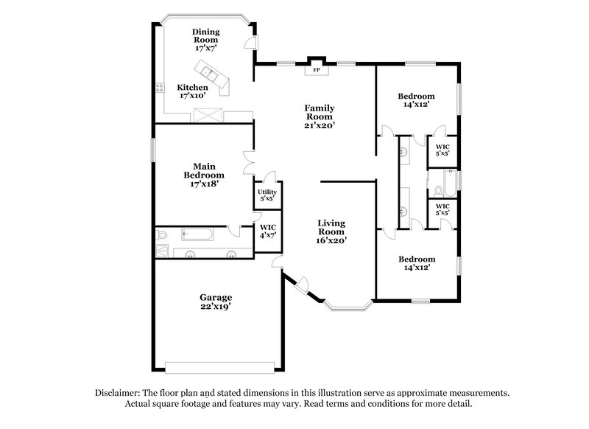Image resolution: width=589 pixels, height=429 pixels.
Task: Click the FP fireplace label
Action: [x=317, y=71]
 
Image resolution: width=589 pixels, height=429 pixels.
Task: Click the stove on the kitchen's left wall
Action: [x=159, y=90]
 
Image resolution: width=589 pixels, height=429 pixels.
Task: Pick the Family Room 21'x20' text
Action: [x=320, y=116]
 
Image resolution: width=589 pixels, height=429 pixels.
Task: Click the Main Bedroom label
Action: [x=204, y=175]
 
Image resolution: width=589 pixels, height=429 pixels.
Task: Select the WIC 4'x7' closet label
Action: [x=268, y=231]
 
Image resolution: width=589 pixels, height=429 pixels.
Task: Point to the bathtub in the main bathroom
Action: [x=196, y=235]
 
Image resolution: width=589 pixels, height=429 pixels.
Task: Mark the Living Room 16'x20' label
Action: [x=331, y=231]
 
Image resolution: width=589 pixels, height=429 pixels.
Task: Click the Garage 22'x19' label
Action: [x=216, y=301]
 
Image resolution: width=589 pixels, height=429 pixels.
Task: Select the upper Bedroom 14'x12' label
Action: [x=416, y=100]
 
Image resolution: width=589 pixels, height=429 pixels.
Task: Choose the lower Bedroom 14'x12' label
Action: [x=416, y=263]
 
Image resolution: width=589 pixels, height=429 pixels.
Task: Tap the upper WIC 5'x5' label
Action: [x=442, y=150]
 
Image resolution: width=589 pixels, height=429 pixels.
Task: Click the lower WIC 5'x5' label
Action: [x=442, y=209]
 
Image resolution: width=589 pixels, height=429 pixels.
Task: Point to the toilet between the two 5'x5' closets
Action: [x=437, y=179]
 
